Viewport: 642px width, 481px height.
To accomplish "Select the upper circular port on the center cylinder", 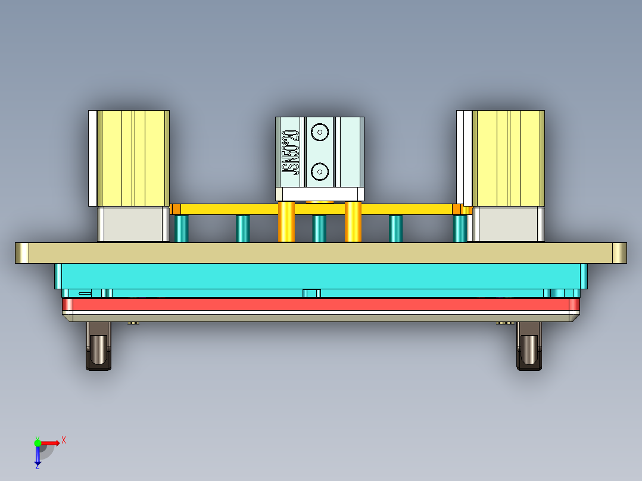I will pyautogui.click(x=320, y=132).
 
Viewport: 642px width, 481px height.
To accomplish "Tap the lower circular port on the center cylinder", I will pyautogui.click(x=320, y=171).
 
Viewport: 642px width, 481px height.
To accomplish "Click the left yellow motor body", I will pyautogui.click(x=133, y=158).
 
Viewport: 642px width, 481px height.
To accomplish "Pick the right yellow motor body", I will pyautogui.click(x=508, y=158).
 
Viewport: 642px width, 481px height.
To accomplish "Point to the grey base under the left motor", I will pyautogui.click(x=133, y=224).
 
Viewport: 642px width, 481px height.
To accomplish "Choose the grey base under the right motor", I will pyautogui.click(x=508, y=224).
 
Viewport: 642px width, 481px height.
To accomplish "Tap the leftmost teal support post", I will pyautogui.click(x=182, y=229).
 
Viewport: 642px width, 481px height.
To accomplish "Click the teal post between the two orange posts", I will pyautogui.click(x=319, y=229).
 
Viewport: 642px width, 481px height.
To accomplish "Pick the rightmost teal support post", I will pyautogui.click(x=460, y=229).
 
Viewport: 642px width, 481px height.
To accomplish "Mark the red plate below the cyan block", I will pyautogui.click(x=321, y=305).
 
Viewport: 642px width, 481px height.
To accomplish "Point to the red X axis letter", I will pyautogui.click(x=64, y=440).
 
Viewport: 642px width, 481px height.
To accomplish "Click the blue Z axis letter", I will pyautogui.click(x=37, y=466).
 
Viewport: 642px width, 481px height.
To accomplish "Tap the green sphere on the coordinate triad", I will pyautogui.click(x=38, y=442).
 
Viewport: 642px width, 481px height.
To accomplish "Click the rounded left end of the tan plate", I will pyautogui.click(x=22, y=253).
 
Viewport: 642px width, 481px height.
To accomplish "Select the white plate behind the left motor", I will pyautogui.click(x=92, y=158).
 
